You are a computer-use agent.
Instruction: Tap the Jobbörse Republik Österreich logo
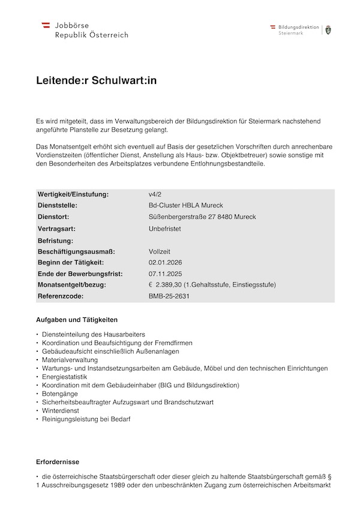pyautogui.click(x=85, y=30)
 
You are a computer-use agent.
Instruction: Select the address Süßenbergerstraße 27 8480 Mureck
pyautogui.click(x=202, y=216)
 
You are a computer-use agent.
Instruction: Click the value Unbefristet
pyautogui.click(x=165, y=228)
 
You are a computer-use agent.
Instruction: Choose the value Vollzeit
pyautogui.click(x=160, y=251)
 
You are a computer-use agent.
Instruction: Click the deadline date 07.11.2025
pyautogui.click(x=165, y=273)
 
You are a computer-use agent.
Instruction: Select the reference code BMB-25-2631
pyautogui.click(x=169, y=296)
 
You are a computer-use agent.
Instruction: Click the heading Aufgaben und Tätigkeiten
pyautogui.click(x=77, y=320)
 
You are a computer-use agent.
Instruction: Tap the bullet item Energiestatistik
pyautogui.click(x=65, y=376)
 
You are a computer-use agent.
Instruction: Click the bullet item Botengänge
pyautogui.click(x=60, y=393)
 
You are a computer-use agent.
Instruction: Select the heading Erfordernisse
pyautogui.click(x=58, y=462)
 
